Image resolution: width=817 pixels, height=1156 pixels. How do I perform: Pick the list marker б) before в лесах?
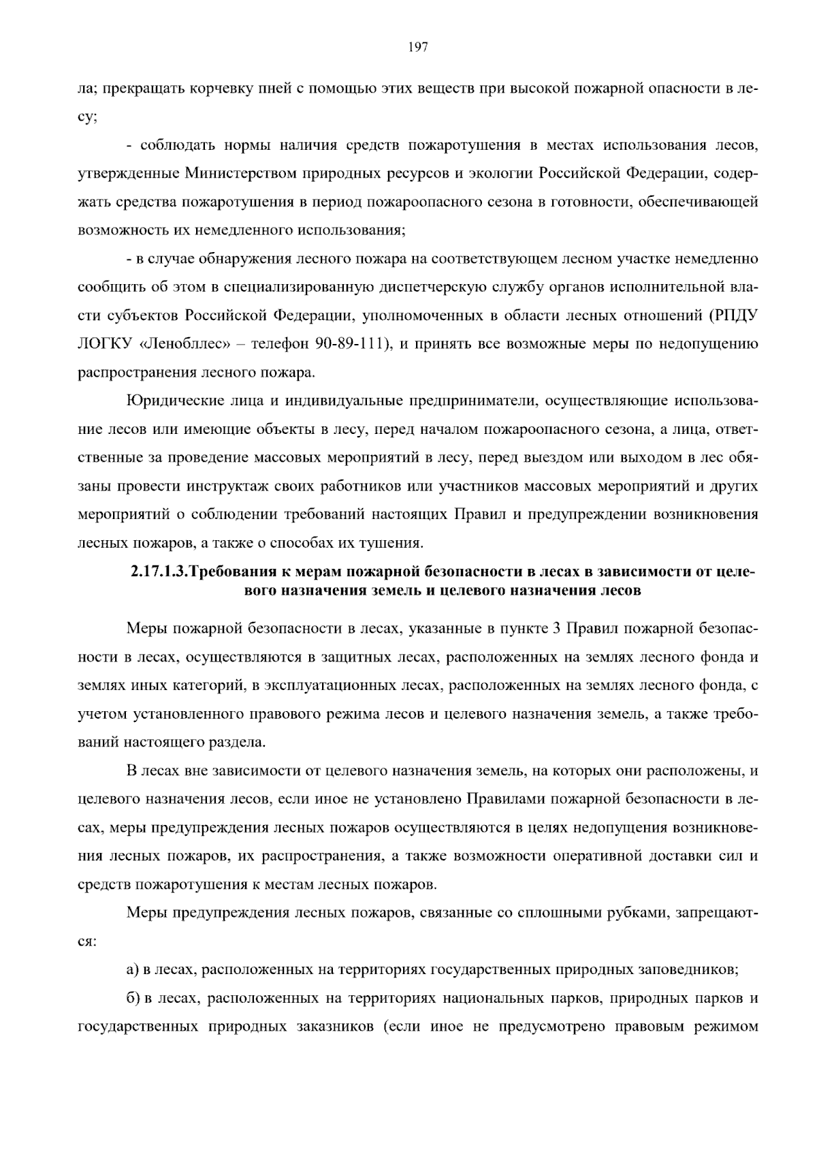tap(133, 999)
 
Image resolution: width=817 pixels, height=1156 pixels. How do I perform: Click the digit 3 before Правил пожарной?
tap(557, 629)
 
